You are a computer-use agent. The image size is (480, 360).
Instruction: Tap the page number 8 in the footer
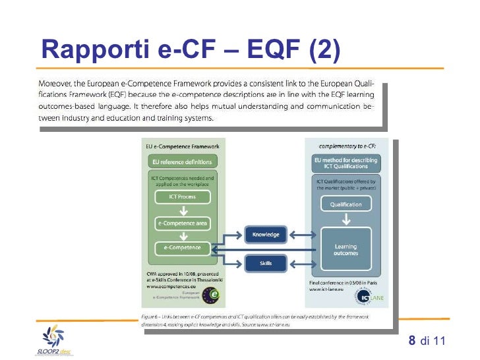(x=412, y=341)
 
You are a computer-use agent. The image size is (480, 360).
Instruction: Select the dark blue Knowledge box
(x=266, y=235)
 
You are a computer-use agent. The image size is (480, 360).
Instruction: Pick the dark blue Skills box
(x=266, y=264)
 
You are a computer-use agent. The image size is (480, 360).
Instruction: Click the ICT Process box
(x=183, y=196)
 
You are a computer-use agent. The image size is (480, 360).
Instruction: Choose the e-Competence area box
(x=183, y=224)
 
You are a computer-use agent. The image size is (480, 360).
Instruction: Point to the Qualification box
(x=346, y=204)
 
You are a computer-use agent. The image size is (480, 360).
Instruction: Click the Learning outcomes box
(x=346, y=250)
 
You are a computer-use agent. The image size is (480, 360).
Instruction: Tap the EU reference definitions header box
(x=183, y=162)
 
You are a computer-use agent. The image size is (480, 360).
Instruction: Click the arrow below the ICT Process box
(x=183, y=210)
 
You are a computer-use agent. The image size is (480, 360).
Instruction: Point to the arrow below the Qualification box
(x=346, y=218)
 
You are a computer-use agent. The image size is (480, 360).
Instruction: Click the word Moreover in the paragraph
(x=58, y=84)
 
